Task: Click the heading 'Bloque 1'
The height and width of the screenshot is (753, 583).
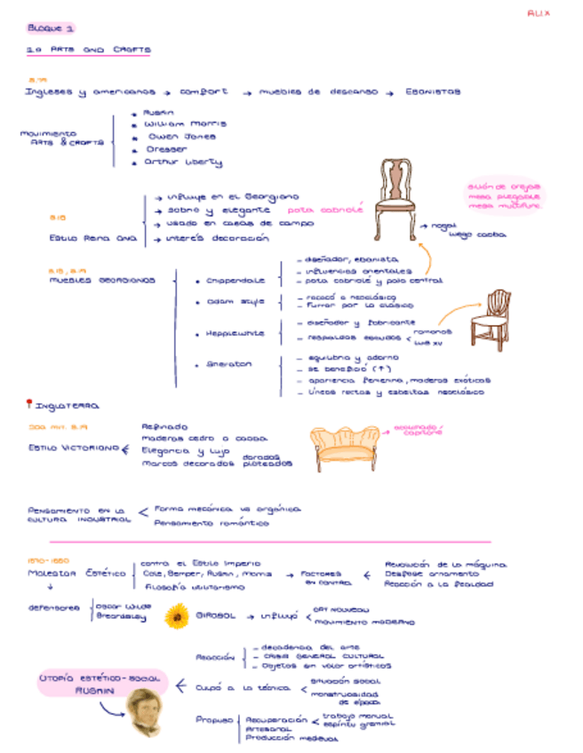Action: [x=50, y=28]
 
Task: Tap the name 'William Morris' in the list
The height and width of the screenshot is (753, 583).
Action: [x=184, y=124]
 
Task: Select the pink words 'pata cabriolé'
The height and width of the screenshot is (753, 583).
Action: [x=326, y=210]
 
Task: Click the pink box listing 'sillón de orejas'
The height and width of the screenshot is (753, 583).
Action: [x=504, y=196]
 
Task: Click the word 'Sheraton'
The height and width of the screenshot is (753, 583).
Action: [x=228, y=363]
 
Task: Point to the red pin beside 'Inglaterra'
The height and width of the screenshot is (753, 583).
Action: [x=28, y=404]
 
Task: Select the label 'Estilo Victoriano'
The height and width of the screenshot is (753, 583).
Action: [x=71, y=448]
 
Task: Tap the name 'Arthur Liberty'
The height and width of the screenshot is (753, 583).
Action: [x=183, y=162]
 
